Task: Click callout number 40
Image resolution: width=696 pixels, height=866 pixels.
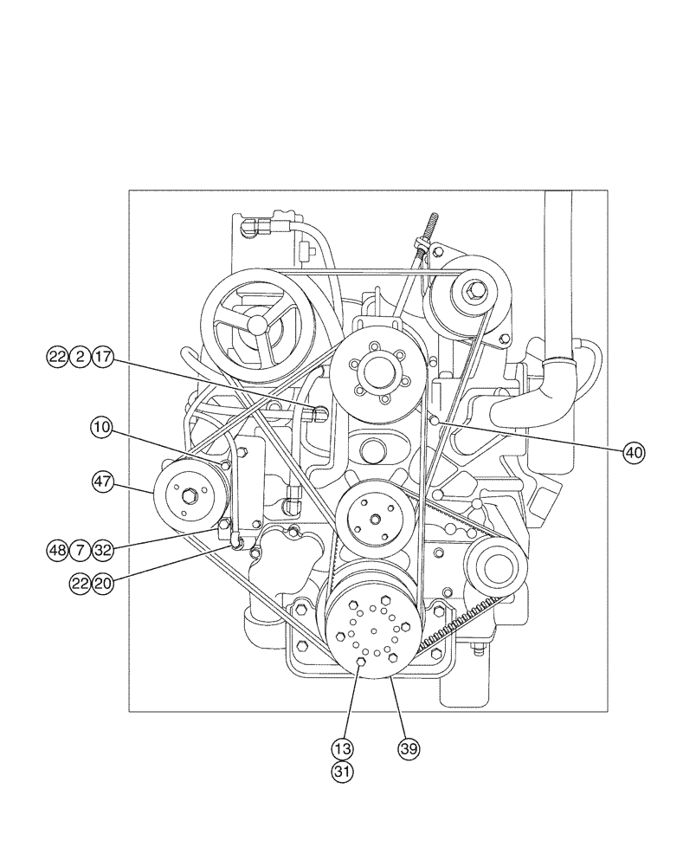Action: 635,451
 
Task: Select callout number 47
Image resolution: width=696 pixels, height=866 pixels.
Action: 103,481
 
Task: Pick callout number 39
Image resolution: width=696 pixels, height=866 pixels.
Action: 408,746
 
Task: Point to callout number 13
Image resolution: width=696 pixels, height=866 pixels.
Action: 344,746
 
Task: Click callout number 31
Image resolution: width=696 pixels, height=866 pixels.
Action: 344,769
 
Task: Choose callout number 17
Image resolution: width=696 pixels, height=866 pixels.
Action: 103,357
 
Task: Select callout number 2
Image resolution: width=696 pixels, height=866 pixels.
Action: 81,357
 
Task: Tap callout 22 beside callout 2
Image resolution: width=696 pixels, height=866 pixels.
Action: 58,357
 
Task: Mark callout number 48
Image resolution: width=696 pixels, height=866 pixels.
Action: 58,549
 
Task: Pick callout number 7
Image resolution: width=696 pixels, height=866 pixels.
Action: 81,549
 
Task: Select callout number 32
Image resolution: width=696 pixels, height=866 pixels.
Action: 103,549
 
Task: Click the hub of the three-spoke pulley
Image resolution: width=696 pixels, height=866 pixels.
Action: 257,326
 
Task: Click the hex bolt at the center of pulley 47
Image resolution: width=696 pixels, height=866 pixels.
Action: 188,495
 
